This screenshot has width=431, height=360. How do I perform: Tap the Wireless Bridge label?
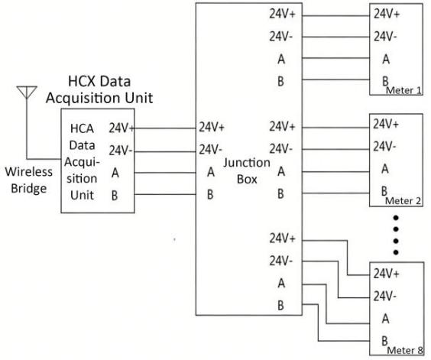coord(28,180)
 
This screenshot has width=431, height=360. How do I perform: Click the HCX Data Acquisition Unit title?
coord(99,89)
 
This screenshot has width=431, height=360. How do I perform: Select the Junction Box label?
coord(247,170)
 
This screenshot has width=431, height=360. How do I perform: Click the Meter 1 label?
coord(403,90)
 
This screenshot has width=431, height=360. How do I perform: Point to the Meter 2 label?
coord(403,201)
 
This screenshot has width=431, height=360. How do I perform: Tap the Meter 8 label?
coord(405,350)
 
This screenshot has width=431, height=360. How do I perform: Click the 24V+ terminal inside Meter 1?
coord(387,14)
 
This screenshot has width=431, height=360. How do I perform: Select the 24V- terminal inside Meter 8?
coord(385,297)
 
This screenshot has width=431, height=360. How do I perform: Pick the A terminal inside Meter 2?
coord(385,169)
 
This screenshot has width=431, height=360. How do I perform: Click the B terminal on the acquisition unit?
coord(115,195)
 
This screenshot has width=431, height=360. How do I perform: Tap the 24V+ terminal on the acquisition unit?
coord(122,128)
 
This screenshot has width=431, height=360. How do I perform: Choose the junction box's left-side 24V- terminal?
coord(210,150)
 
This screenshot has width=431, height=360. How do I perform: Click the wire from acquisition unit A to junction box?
coord(165,173)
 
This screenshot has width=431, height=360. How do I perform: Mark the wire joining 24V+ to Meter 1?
coord(335,16)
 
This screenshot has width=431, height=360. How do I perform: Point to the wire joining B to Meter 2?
coord(335,193)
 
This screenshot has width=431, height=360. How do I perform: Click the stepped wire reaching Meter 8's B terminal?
coord(319,323)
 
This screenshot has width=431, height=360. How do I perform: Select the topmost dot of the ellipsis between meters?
coord(396,218)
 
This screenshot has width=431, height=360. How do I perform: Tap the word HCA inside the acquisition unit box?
coord(82,128)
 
